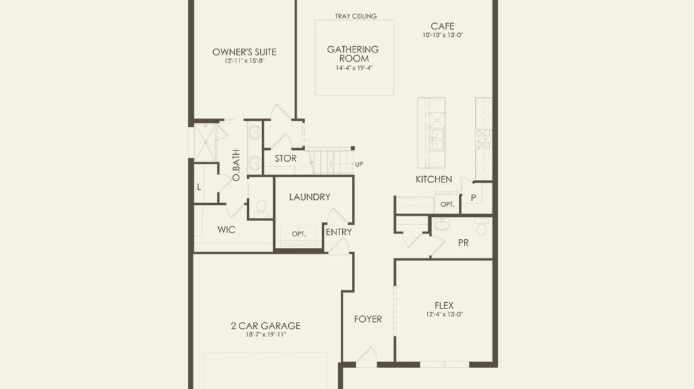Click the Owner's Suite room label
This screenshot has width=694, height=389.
click(x=244, y=52)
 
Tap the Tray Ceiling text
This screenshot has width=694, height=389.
click(x=356, y=16)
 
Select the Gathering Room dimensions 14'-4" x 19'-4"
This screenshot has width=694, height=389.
click(x=354, y=67)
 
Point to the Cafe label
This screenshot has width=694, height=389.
click(x=442, y=26)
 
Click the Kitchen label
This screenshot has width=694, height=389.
click(x=434, y=179)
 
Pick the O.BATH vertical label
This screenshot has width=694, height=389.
click(x=236, y=165)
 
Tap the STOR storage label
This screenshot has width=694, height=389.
click(x=286, y=158)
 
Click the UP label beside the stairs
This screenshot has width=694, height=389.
click(x=359, y=164)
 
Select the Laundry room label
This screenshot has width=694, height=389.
click(x=310, y=197)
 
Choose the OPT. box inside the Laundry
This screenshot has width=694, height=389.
click(x=299, y=234)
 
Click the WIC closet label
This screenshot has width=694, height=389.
click(x=226, y=229)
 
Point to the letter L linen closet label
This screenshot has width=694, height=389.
click(x=199, y=187)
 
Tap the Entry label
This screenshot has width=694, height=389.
click(x=339, y=232)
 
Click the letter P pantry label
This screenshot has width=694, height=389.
click(x=473, y=198)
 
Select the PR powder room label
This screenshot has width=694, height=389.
click(x=463, y=243)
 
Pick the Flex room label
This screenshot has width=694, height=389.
click(x=444, y=305)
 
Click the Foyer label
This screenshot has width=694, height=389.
click(x=368, y=318)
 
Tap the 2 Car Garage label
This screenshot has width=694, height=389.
click(x=266, y=326)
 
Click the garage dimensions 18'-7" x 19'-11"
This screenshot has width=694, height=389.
click(x=266, y=335)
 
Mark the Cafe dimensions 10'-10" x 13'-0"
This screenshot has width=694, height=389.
click(x=443, y=35)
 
